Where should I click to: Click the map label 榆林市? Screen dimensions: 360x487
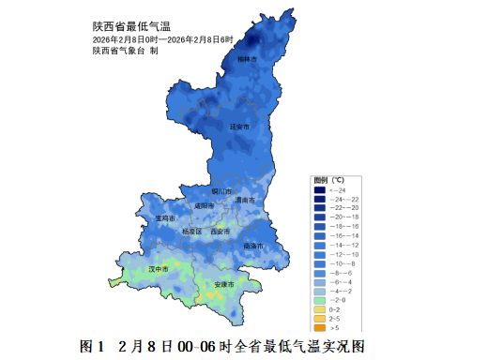coord(247,59)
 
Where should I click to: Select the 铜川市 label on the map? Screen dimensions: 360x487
coord(222,191)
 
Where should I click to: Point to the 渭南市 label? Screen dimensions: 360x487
coord(245,200)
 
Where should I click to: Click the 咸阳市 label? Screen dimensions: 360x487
coord(204,206)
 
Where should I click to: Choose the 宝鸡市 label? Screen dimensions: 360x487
coord(164,217)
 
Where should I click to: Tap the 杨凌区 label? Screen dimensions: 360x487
coord(191,231)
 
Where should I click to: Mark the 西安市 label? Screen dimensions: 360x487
coord(220,231)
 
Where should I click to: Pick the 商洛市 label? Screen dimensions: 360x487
coord(252,246)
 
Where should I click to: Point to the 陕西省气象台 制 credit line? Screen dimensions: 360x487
coord(125,51)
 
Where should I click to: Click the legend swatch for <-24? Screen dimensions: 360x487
coord(320,190)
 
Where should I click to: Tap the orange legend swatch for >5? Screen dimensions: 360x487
coord(320,327)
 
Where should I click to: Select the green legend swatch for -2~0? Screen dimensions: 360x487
coord(320,299)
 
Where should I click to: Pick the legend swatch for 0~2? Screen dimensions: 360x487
coord(320,308)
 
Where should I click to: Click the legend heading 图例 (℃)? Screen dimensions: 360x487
coord(329,179)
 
